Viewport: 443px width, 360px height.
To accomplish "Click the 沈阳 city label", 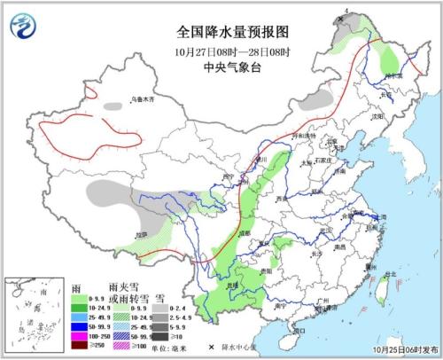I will (x=379, y=116).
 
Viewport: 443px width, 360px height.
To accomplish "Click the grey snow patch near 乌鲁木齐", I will (x=113, y=106).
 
